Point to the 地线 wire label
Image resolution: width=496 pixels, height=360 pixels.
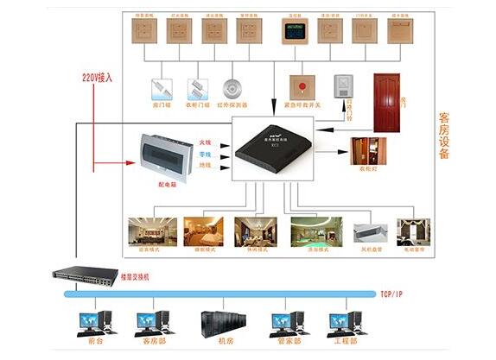click(x=205, y=165)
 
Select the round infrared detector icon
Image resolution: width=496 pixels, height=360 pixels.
click(x=231, y=89)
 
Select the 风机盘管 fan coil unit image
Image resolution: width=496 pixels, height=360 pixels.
click(x=369, y=232)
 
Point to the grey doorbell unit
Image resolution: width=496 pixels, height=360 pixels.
click(x=342, y=86)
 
